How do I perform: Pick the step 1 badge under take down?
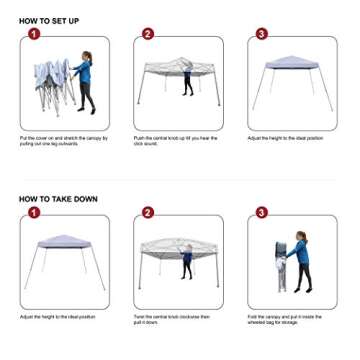34,212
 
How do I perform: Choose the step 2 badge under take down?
148,212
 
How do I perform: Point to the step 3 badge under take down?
262,212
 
